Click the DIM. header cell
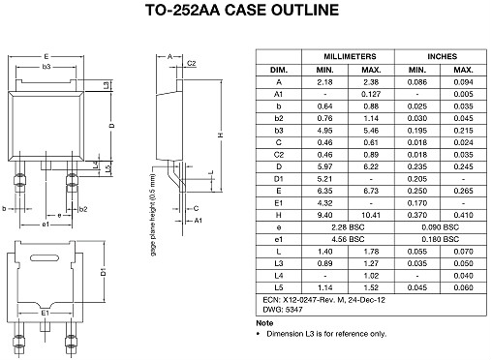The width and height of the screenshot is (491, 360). coord(279,71)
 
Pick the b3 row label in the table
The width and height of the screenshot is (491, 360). coord(279,128)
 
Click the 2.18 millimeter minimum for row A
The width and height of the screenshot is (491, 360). coord(324,84)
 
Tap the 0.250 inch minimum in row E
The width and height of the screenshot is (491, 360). coord(416,191)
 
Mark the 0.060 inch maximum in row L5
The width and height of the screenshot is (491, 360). coord(463,286)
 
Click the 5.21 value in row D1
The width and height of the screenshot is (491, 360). coord(324,178)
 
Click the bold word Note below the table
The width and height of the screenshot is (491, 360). coord(264,323)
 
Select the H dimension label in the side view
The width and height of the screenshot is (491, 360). coord(221,135)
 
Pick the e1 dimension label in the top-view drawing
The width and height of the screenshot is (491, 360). coord(46,224)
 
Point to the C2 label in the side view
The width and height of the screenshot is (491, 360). coord(191,63)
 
